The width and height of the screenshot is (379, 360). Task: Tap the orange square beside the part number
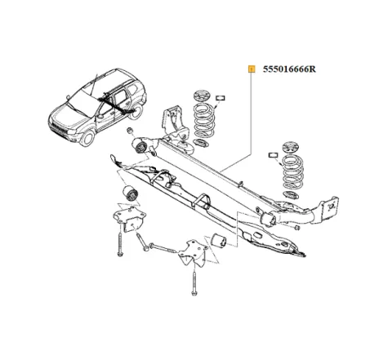[x=252, y=69]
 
